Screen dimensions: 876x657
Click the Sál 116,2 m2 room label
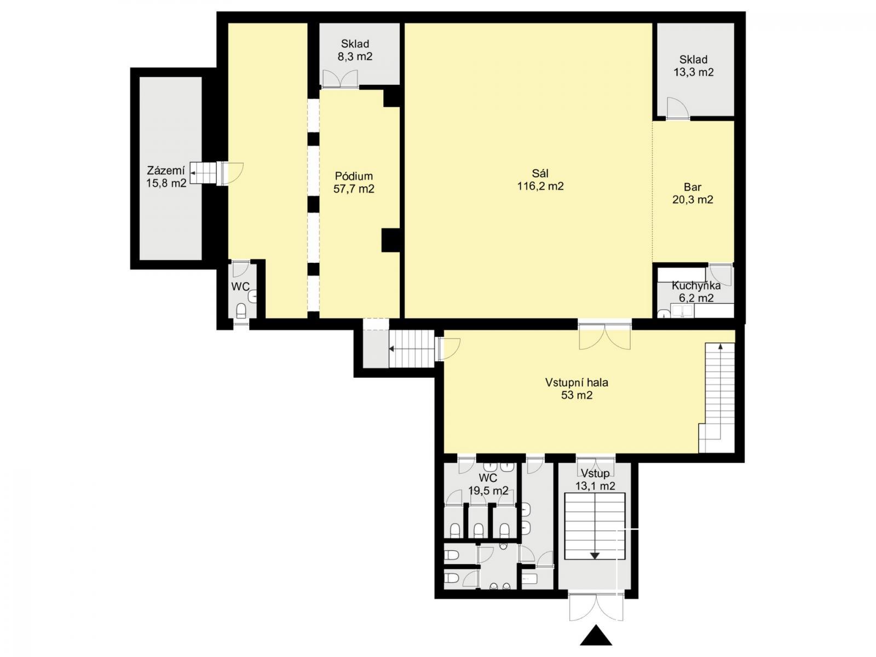coord(540,180)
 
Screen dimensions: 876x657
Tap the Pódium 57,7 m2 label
coord(354,182)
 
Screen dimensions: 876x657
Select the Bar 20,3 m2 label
coord(693,193)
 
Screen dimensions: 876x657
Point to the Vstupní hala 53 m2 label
coord(577,389)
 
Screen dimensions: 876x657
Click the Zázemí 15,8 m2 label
coord(166,177)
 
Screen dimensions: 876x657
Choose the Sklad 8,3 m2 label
coord(355,50)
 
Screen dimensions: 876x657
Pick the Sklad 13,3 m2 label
coord(694,66)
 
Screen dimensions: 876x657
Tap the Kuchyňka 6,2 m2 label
coord(696,292)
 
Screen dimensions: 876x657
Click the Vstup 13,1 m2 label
coord(595,480)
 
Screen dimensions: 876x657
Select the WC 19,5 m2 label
coord(488,484)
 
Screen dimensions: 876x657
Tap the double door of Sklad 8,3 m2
coord(340,79)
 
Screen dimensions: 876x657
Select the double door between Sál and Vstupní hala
coord(604,336)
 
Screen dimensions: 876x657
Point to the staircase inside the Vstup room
coord(595,526)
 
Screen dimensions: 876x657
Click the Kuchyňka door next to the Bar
coord(721,274)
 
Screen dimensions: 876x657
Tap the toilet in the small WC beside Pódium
coord(241,311)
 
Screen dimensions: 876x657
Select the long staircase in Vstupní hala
coord(717,397)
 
